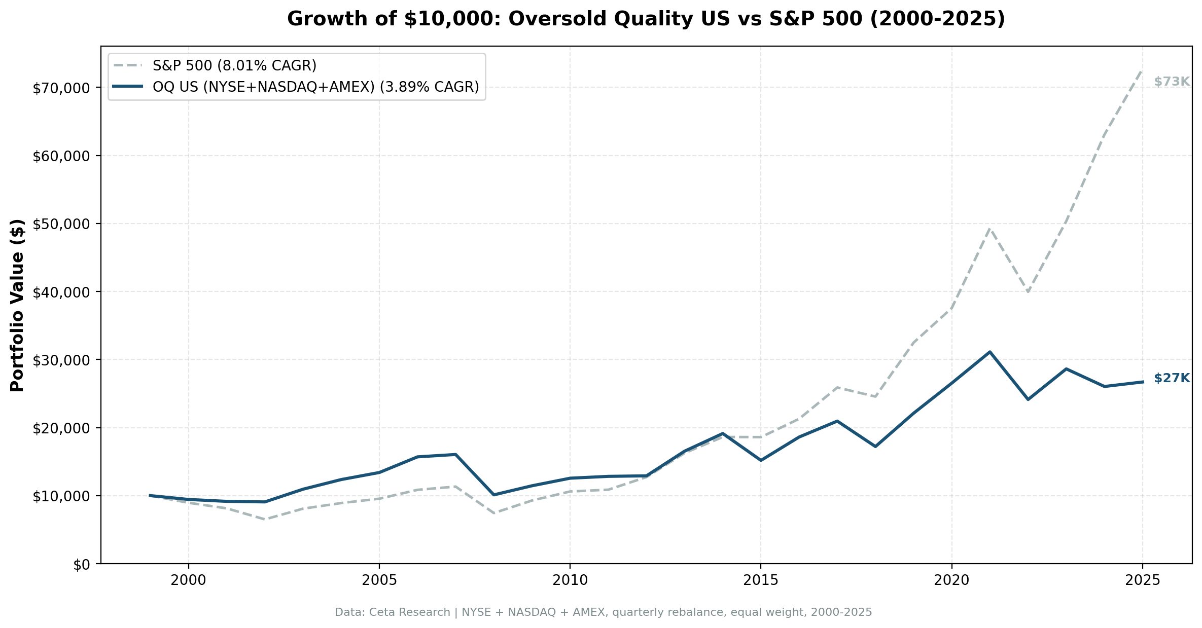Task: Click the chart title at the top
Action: tap(646, 19)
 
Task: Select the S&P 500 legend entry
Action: tap(234, 65)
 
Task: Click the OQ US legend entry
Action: tap(315, 87)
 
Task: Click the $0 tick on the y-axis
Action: tap(82, 565)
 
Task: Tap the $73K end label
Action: tap(1171, 82)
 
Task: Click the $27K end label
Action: tap(1171, 378)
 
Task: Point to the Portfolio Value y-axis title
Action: tap(17, 305)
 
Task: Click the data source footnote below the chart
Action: tap(603, 612)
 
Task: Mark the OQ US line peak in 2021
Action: tap(989, 352)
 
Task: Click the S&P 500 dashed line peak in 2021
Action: tap(989, 229)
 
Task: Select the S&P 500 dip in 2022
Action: tap(1028, 292)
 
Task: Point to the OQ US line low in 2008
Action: tap(493, 495)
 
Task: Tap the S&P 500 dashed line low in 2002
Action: tap(265, 520)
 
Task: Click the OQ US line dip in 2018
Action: tap(875, 446)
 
